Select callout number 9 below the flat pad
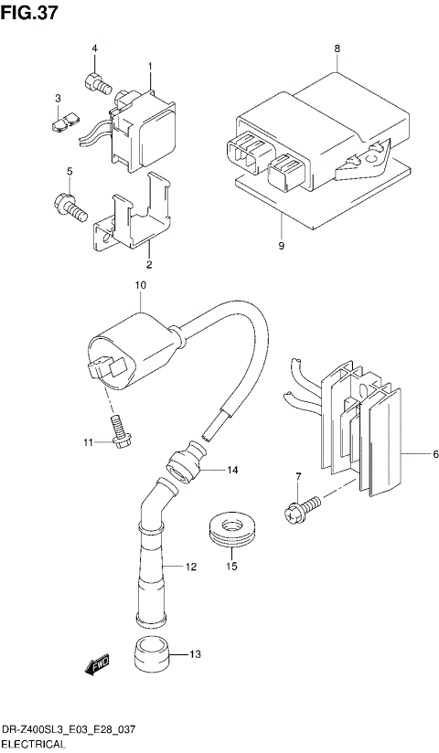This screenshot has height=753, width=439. pos(282,247)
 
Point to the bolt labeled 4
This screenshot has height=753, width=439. pos(97,83)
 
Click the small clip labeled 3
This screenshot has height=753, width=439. pos(63,120)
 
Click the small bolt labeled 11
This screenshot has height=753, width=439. pos(117,430)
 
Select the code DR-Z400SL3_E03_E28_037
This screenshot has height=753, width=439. pos(68,733)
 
